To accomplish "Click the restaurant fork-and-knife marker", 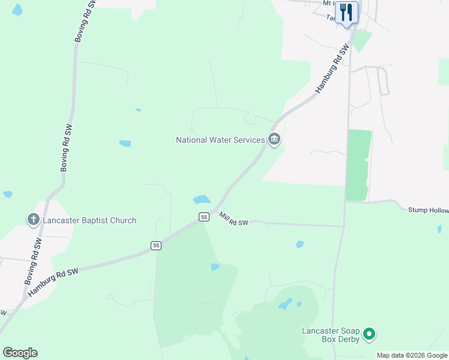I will tap(346, 12).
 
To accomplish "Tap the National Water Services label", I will tap(220, 140).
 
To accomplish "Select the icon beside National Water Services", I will tap(274, 140).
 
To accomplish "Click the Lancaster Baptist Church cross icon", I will tap(34, 220).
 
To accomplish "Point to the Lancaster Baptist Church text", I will tap(89, 220).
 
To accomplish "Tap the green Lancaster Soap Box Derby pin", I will tap(370, 334).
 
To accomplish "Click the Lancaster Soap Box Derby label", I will tap(330, 335).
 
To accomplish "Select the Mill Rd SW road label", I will tap(234, 219).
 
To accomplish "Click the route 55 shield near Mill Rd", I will tap(204, 217).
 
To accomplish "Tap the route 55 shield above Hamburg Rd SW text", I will tap(156, 245).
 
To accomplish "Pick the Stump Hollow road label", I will tap(428, 210).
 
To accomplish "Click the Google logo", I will tap(20, 352).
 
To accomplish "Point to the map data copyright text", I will tap(412, 355).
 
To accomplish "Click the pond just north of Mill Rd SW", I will tap(202, 199).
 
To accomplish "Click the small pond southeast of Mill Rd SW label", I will tap(300, 244).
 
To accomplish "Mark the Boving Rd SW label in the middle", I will tap(67, 149).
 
